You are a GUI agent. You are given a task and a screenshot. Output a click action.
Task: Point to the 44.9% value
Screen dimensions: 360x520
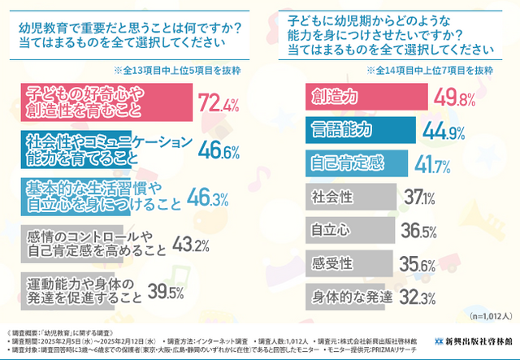(418, 130)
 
